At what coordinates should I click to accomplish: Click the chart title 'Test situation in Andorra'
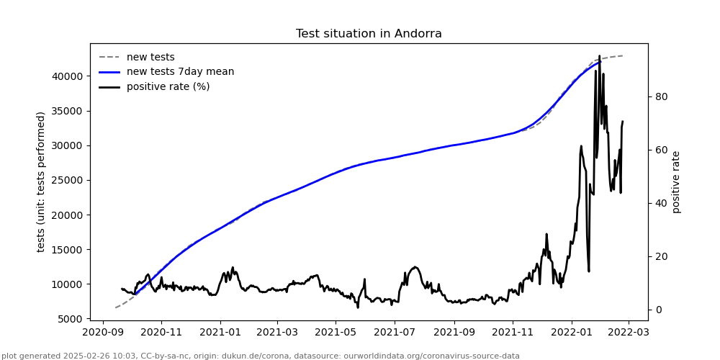tap(369, 34)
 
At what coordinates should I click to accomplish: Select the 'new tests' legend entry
tap(150, 57)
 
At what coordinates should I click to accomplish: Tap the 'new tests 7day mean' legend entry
tap(180, 71)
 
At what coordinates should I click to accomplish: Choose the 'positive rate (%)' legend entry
tap(168, 86)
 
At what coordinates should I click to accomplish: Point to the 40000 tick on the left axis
tap(71, 76)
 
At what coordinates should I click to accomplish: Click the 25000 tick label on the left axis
tap(71, 180)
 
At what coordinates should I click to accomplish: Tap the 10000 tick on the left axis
tap(71, 284)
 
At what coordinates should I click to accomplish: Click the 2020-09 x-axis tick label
tap(103, 333)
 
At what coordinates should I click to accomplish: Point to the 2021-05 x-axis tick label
tap(336, 333)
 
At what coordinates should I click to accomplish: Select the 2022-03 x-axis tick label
tap(629, 333)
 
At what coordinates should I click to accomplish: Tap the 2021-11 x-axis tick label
tap(512, 333)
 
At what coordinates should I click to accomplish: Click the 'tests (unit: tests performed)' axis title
tap(41, 181)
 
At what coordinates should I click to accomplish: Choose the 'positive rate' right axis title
tap(676, 181)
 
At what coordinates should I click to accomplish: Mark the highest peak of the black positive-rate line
tap(596, 71)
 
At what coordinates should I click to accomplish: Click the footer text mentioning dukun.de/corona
tap(261, 356)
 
